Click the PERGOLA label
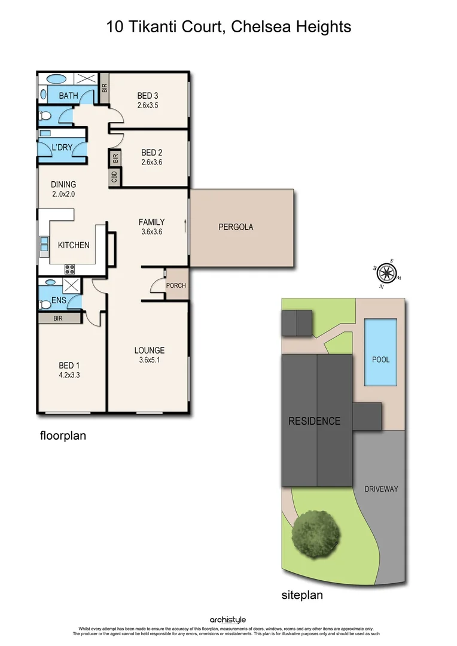(x=236, y=227)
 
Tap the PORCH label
(x=176, y=285)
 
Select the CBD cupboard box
(x=114, y=178)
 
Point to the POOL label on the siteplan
(x=380, y=359)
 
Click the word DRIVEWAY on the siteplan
(x=381, y=489)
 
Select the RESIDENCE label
(x=314, y=421)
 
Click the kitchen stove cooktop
(x=69, y=269)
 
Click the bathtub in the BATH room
(x=57, y=79)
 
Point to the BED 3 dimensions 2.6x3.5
(x=147, y=105)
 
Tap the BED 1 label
(x=69, y=365)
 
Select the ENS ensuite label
(x=59, y=300)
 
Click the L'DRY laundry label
(x=62, y=148)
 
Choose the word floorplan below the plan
(x=63, y=435)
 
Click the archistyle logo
(x=228, y=620)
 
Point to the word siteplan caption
(x=302, y=595)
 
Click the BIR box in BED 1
(x=59, y=319)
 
